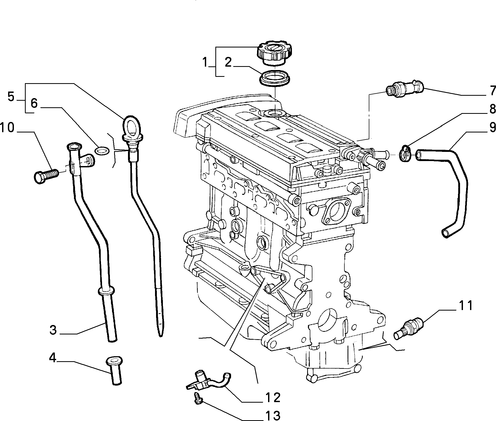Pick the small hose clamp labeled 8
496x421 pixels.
406,153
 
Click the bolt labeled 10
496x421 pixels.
46,174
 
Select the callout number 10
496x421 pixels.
7,128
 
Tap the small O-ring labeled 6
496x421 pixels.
102,151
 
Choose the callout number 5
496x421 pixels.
11,97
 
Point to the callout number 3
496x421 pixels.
53,329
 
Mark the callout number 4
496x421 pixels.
53,358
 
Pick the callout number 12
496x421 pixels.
273,397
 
